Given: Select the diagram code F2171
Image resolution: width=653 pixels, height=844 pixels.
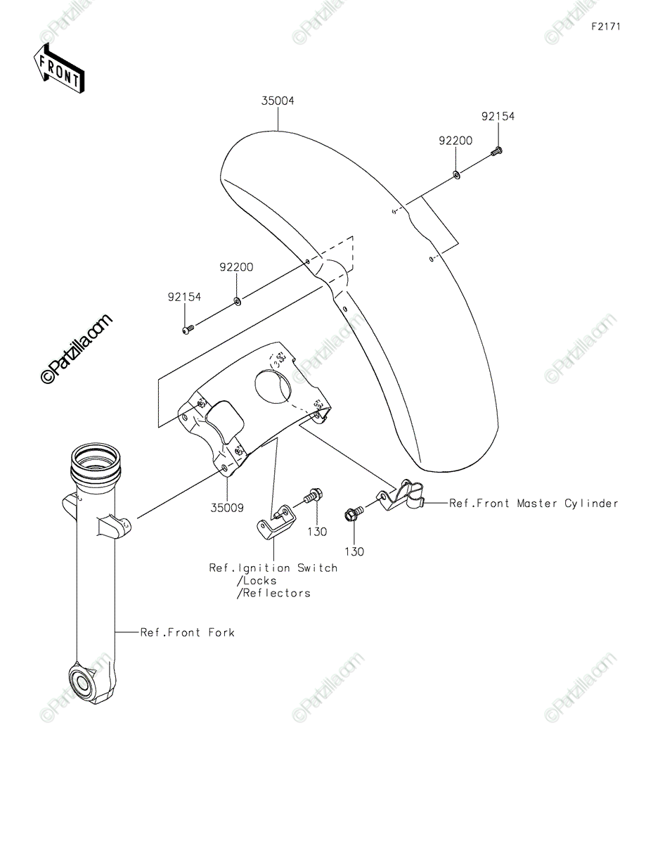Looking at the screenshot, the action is click(x=606, y=27).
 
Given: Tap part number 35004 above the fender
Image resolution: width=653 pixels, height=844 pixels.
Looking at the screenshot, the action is click(x=278, y=101).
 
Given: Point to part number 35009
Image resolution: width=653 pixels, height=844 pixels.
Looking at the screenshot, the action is click(x=227, y=507).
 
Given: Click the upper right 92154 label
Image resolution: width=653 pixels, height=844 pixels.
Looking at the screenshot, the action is click(x=498, y=116).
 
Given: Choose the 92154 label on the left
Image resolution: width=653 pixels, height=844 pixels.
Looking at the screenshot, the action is click(x=184, y=297).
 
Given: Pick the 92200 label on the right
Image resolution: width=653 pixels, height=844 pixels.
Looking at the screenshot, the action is click(x=455, y=141).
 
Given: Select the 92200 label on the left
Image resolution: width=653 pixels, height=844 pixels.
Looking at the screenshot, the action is click(x=236, y=267).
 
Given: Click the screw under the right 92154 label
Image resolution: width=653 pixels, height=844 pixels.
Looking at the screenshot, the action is click(x=497, y=151).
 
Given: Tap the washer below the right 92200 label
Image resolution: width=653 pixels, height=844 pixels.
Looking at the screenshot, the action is click(x=456, y=175).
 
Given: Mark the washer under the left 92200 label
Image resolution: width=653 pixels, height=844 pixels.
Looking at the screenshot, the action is click(x=237, y=300).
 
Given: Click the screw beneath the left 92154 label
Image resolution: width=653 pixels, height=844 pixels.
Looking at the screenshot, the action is click(x=188, y=330).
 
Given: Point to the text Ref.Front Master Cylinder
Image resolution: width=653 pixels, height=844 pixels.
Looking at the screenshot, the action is click(x=534, y=504).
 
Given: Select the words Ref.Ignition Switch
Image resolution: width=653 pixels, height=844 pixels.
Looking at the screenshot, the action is click(x=273, y=568).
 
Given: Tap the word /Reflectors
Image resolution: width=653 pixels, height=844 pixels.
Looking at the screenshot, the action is click(x=274, y=593).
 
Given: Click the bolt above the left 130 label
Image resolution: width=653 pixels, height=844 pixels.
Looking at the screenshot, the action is click(x=314, y=496).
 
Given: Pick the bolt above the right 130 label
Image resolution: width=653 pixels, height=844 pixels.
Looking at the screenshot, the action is click(x=354, y=513).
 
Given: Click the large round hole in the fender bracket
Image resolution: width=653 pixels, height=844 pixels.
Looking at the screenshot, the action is click(x=273, y=385).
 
